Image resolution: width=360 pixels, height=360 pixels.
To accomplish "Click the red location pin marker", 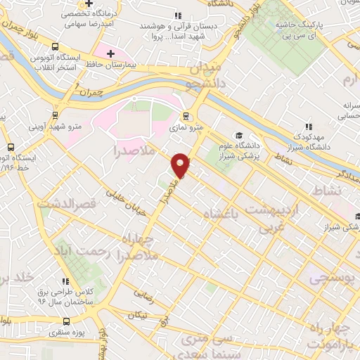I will (181, 165).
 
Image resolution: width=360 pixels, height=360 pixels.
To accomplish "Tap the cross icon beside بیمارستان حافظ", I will (110, 53).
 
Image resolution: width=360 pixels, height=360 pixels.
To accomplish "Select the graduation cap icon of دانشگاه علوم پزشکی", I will (239, 135).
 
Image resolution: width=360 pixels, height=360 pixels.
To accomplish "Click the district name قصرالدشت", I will (77, 205).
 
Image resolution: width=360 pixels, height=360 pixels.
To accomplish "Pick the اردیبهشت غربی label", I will (284, 218).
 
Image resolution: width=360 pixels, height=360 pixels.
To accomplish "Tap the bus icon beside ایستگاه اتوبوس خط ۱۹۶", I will (11, 148).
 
